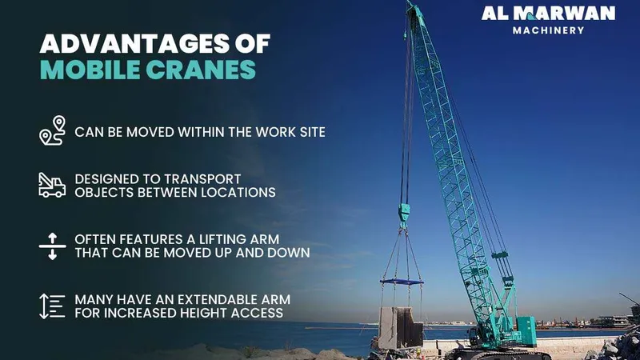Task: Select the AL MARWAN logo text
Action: click(549, 14)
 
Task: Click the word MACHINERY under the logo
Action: click(549, 30)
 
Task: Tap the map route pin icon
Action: click(52, 130)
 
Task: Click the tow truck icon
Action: click(52, 185)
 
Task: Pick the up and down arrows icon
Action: click(51, 246)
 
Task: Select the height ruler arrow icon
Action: click(52, 306)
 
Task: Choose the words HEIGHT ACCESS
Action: click(237, 313)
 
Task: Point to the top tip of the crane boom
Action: click(410, 6)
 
